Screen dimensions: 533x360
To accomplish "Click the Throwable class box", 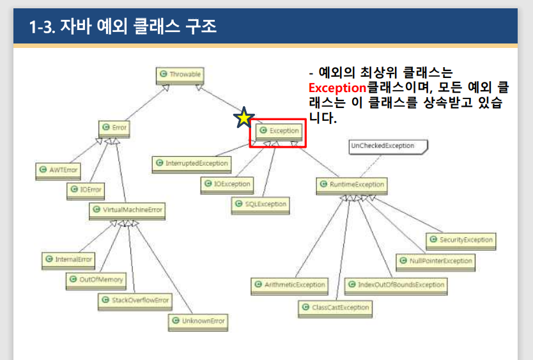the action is pyautogui.click(x=180, y=75).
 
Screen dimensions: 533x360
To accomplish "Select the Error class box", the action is pyautogui.click(x=114, y=128).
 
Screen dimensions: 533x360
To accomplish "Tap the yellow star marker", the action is pyautogui.click(x=243, y=117).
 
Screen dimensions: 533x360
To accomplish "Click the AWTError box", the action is pyautogui.click(x=58, y=171).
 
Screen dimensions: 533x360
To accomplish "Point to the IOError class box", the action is pyautogui.click(x=85, y=190).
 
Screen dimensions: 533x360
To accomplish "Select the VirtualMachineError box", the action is pyautogui.click(x=126, y=210).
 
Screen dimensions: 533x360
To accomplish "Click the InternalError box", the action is pyautogui.click(x=68, y=260).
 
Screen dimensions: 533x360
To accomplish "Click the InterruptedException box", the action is pyautogui.click(x=192, y=164).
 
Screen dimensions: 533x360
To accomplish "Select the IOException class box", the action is pyautogui.click(x=226, y=184).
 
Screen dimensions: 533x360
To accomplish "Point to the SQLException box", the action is pyautogui.click(x=259, y=205).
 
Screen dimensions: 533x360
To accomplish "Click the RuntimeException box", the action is pyautogui.click(x=351, y=185).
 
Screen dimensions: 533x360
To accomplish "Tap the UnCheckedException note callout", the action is pyautogui.click(x=387, y=146).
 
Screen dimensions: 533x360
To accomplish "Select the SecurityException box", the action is pyautogui.click(x=461, y=240).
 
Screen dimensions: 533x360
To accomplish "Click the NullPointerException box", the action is pyautogui.click(x=435, y=261).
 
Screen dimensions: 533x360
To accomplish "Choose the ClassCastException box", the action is pyautogui.click(x=335, y=308).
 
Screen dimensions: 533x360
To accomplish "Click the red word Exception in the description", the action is pyautogui.click(x=336, y=88).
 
